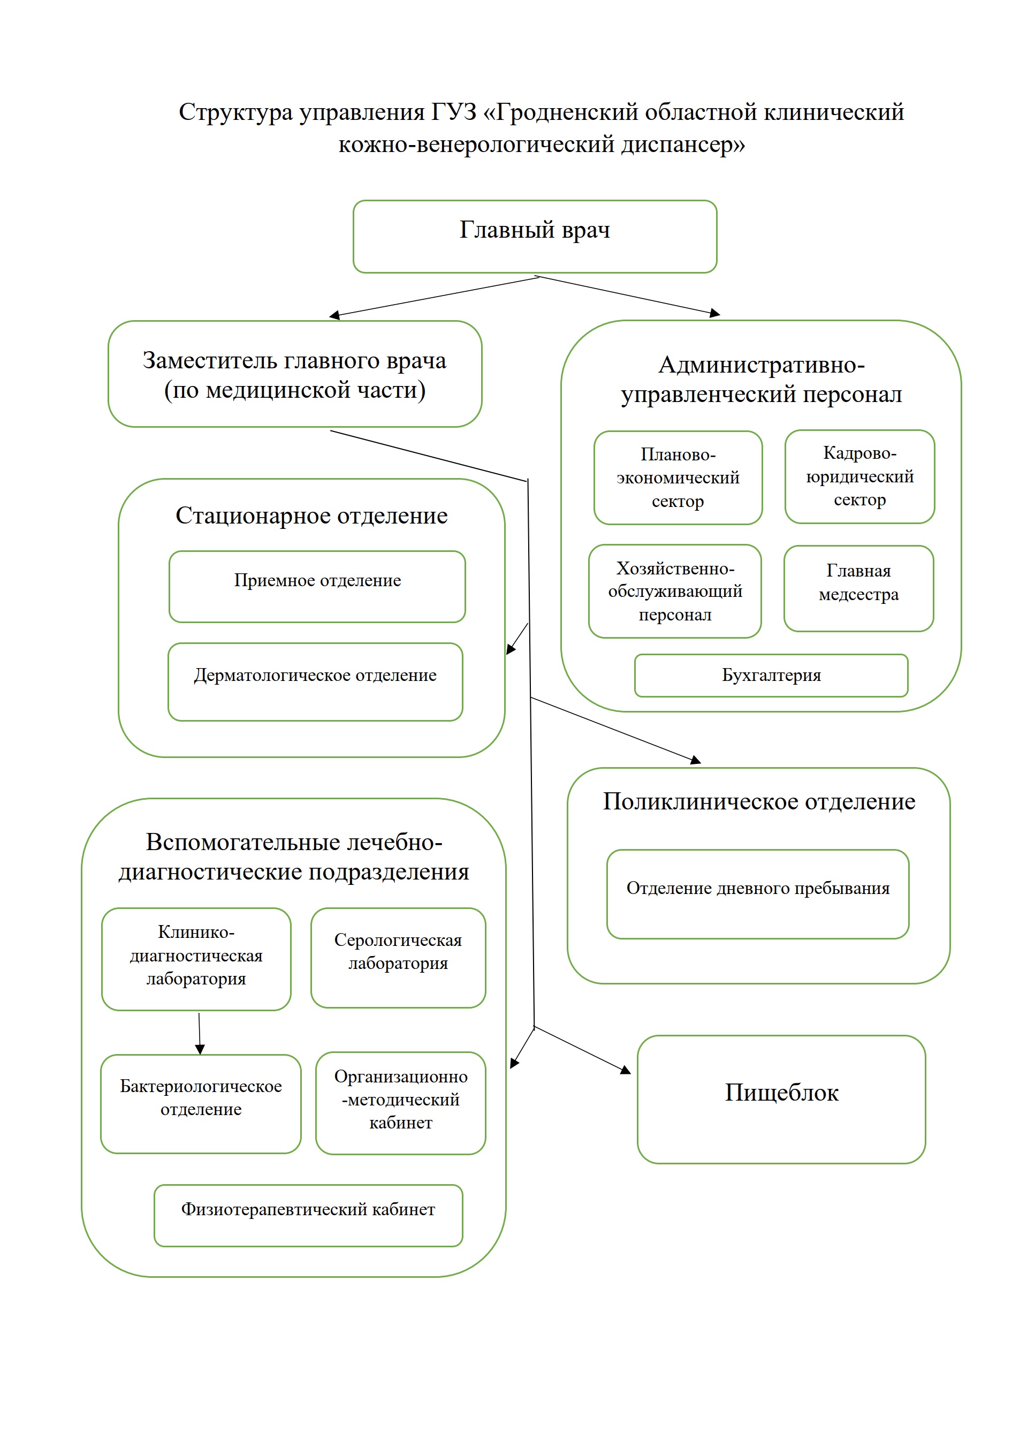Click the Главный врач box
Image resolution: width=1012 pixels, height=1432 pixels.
[x=535, y=237]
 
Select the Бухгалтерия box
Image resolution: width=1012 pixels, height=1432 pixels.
[x=771, y=676]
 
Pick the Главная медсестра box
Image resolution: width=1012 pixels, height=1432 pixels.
[x=858, y=588]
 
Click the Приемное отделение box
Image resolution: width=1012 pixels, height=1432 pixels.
[x=317, y=586]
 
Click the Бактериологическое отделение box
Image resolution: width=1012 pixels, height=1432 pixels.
[x=200, y=1103]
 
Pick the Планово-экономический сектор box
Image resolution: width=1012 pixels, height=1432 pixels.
[x=678, y=478]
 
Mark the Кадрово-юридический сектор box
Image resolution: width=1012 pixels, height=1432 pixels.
[x=859, y=476]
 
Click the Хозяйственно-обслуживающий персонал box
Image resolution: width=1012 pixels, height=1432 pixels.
[x=675, y=591]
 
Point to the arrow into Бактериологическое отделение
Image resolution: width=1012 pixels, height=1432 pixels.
[x=200, y=1035]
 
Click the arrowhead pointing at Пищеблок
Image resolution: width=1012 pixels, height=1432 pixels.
[x=626, y=1070]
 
